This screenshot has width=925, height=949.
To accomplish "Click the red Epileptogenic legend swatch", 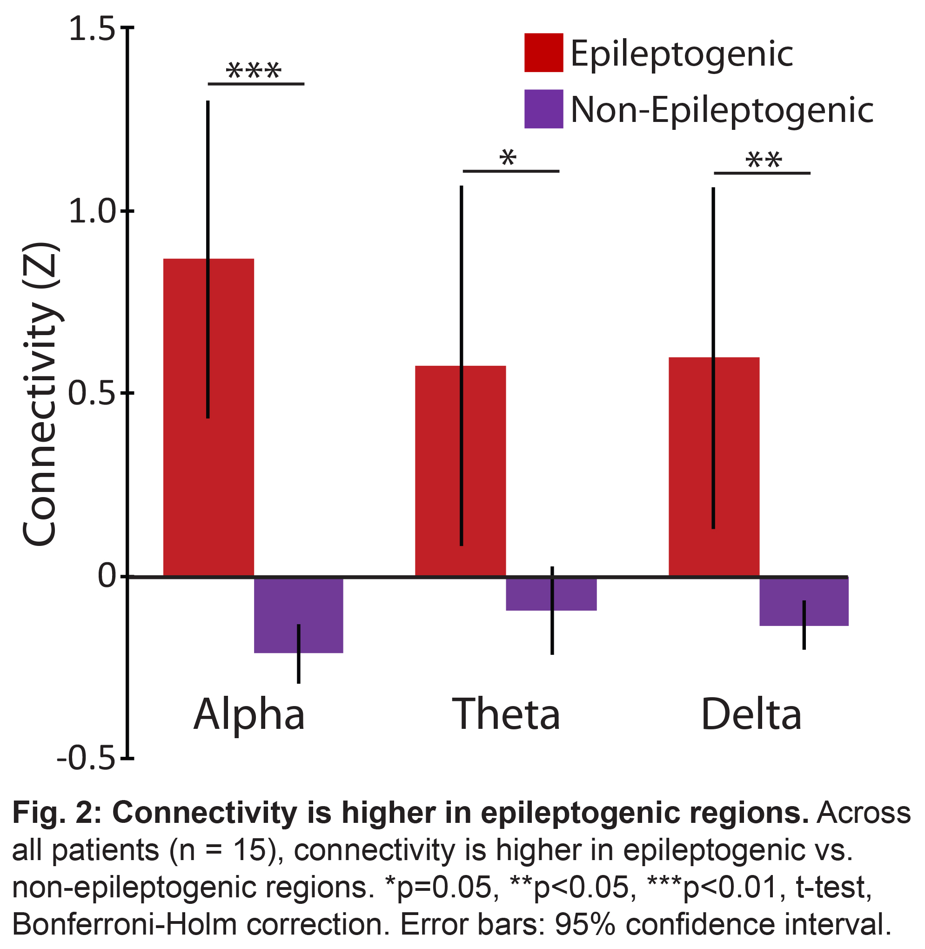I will coord(543,53).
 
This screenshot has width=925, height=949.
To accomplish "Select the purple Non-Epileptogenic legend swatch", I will coord(543,109).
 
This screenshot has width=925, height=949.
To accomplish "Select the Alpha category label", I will coord(249,714).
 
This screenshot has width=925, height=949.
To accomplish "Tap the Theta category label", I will coord(506,714).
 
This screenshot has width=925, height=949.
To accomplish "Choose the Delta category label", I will coord(751,714).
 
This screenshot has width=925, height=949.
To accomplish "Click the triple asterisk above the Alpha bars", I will coord(254,71).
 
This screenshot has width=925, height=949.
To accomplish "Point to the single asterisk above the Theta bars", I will coord(508,158).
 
